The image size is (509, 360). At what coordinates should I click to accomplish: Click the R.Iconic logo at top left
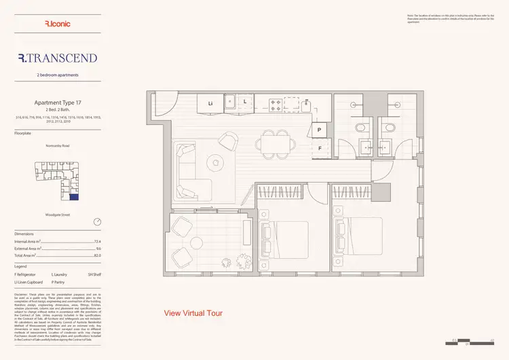tap(57, 24)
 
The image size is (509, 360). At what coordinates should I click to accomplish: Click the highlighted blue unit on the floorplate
tap(75, 198)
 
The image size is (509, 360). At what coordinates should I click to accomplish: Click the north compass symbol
tap(97, 222)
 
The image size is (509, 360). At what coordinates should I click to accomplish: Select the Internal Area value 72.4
tap(97, 241)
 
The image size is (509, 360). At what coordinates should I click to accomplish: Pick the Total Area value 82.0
tap(97, 255)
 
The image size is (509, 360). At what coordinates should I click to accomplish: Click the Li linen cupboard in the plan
tap(211, 103)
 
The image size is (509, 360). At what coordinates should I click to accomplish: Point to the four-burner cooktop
tap(277, 104)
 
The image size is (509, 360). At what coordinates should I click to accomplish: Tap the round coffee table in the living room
tap(216, 162)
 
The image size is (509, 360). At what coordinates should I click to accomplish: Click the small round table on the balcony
tap(200, 241)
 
